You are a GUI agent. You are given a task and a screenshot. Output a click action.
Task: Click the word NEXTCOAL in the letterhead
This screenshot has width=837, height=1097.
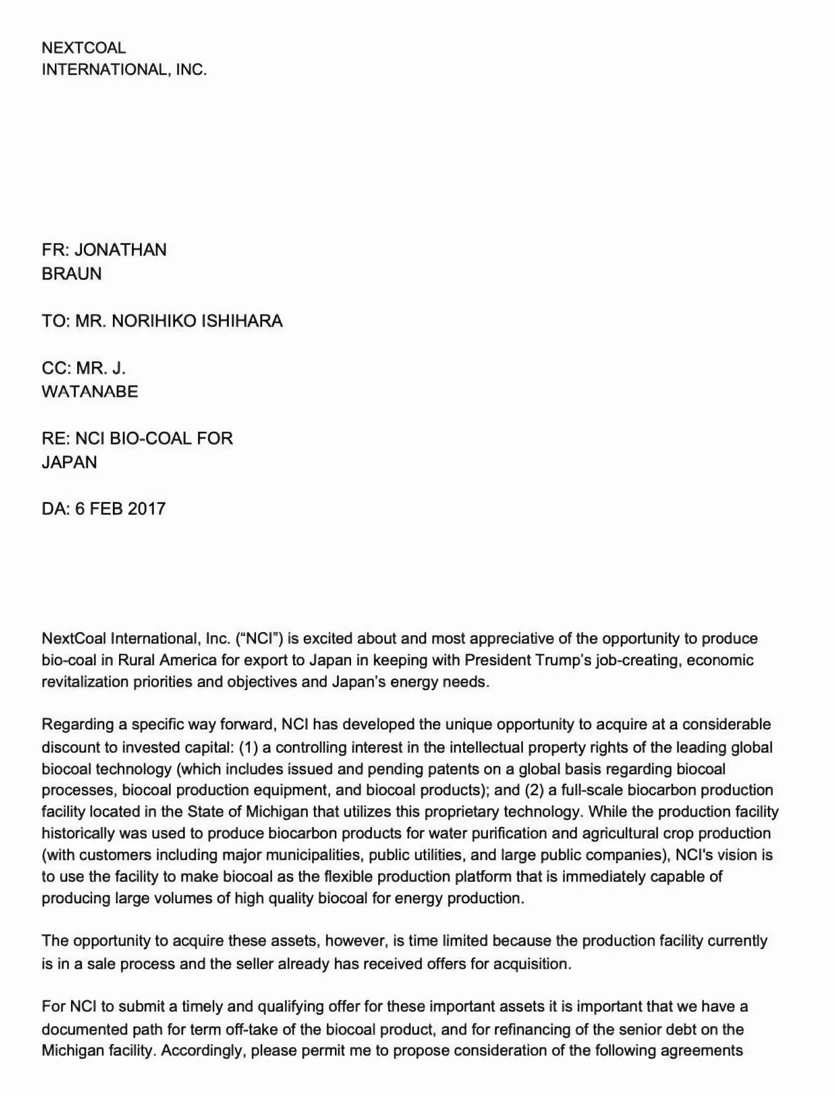pos(83,48)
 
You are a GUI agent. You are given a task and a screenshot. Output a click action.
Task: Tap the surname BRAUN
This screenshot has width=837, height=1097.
pos(72,274)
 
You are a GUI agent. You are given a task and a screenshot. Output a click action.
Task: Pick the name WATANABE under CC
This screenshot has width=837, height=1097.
pos(90,392)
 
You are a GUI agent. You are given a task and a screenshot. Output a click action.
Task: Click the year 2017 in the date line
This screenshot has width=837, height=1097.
pos(146,509)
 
